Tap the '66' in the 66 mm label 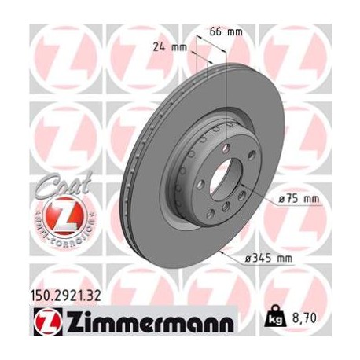(x=217, y=32)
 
